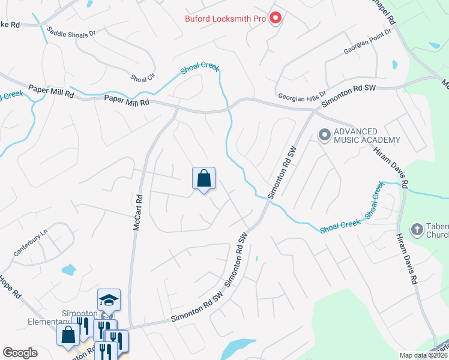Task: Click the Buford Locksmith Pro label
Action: (x=224, y=19)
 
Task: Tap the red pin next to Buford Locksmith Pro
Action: (x=276, y=19)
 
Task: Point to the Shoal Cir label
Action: (x=142, y=78)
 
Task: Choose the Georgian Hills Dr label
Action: (x=302, y=95)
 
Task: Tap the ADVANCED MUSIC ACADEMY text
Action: (x=366, y=136)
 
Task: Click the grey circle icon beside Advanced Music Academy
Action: (x=325, y=135)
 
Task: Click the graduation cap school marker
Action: (x=109, y=299)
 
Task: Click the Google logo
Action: (x=20, y=353)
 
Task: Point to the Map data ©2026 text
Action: (x=423, y=355)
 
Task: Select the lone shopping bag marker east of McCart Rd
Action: (x=203, y=178)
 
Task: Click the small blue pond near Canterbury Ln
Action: (x=68, y=269)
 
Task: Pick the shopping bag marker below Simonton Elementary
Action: (x=68, y=334)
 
